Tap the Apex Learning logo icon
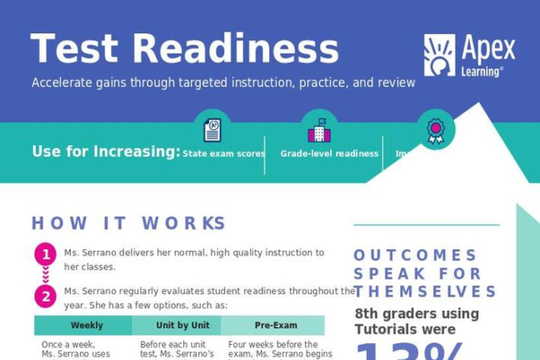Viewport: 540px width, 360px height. click(439, 55)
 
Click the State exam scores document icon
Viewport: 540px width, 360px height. click(212, 130)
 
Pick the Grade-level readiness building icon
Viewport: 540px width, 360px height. click(319, 130)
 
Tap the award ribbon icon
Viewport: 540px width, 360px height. click(435, 130)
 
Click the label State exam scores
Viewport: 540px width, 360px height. click(223, 154)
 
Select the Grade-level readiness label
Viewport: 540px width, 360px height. click(329, 154)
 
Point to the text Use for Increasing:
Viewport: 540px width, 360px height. click(106, 152)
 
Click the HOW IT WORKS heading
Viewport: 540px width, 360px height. click(128, 223)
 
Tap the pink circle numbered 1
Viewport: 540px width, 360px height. click(45, 254)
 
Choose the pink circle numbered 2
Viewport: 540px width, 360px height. click(45, 296)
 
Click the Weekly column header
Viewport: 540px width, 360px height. click(87, 326)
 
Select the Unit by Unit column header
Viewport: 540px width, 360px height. click(182, 326)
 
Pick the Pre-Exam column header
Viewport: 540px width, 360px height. click(276, 326)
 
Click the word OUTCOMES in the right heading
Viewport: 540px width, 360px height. click(415, 255)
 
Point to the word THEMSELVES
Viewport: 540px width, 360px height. click(425, 292)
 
